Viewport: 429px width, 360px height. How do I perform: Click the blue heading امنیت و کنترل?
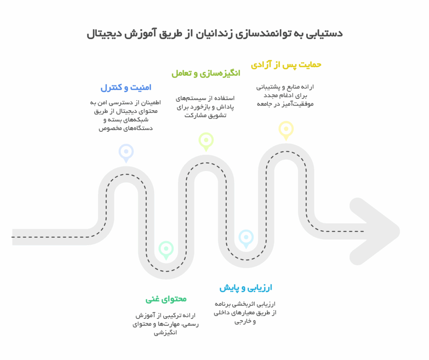(x=126, y=88)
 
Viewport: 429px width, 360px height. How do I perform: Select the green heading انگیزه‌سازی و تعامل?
(x=206, y=73)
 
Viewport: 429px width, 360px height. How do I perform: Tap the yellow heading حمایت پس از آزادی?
(x=286, y=65)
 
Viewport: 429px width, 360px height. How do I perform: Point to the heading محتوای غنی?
(x=166, y=299)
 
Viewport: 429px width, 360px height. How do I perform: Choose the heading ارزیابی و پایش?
(x=246, y=288)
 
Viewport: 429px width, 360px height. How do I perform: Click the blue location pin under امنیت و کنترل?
(x=126, y=153)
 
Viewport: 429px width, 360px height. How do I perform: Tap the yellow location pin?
(x=286, y=130)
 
